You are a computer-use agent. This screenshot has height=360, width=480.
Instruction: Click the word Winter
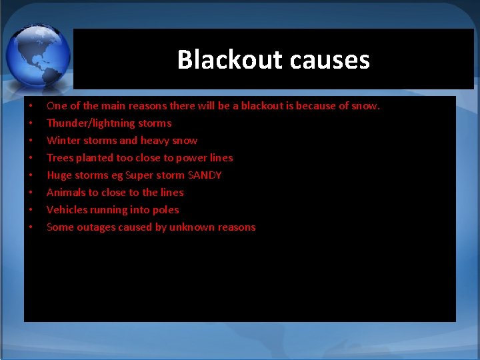[x=63, y=141]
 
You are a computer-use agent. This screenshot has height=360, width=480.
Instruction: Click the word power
[x=189, y=158]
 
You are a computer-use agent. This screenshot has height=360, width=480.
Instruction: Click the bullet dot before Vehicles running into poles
[x=30, y=210]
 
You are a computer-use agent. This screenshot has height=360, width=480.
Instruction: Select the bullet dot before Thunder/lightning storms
[x=30, y=123]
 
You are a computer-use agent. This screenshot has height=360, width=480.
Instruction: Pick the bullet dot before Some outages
[x=30, y=227]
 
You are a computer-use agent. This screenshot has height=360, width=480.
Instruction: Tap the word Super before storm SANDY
[x=141, y=175]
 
